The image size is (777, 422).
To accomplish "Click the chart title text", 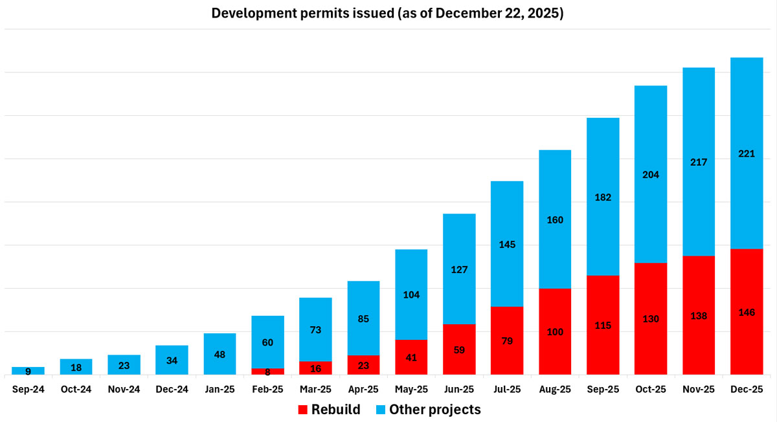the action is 387,13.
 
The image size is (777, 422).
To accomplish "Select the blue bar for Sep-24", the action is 28,371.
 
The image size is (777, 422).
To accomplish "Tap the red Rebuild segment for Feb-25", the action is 267,372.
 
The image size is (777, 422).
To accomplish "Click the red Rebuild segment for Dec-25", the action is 747,312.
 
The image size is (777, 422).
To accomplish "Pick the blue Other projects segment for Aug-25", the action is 555,219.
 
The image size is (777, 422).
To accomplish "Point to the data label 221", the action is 747,153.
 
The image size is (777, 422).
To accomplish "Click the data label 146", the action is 747,313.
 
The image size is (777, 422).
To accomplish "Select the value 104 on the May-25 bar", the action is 411,294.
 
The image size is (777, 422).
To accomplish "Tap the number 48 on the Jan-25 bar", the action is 220,355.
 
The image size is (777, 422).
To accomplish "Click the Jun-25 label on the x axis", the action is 459,390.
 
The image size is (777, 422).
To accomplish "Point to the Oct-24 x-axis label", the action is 76,390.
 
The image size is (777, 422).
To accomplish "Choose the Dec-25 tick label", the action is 747,390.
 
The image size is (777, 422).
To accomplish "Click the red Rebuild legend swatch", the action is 302,410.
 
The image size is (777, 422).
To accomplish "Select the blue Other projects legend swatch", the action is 381,410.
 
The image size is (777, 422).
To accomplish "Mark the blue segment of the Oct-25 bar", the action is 650,174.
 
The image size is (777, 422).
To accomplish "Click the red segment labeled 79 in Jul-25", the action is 507,340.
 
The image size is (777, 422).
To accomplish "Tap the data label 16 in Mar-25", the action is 315,368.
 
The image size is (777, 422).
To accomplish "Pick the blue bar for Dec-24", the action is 172,360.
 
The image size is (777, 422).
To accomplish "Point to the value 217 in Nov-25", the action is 699,162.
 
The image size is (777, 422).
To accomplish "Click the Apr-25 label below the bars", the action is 363,390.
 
